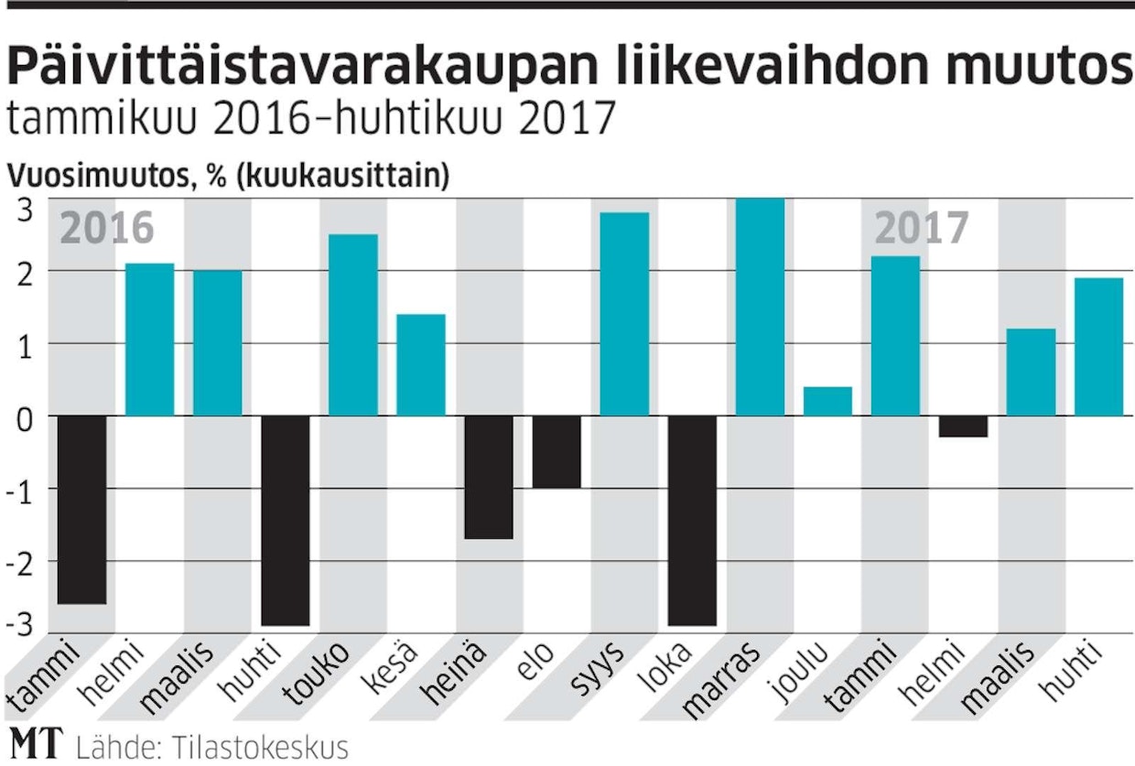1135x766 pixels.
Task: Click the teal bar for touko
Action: [x=352, y=325]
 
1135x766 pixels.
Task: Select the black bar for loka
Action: [x=692, y=520]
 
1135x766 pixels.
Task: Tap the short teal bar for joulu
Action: [x=827, y=401]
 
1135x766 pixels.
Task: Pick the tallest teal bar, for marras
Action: [x=760, y=307]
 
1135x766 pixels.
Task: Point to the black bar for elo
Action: [x=557, y=452]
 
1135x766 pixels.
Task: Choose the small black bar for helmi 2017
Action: [x=963, y=426]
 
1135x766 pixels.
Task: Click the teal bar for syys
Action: [x=624, y=314]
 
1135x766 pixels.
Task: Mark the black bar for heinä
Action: [x=489, y=477]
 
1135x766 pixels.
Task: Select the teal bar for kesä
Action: [x=420, y=364]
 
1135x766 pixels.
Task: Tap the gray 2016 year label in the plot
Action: [x=106, y=229]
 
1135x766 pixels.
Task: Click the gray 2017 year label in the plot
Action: [x=921, y=229]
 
